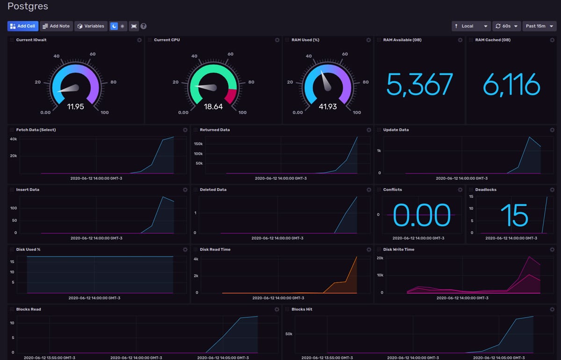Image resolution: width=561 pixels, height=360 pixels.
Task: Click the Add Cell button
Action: pos(23,26)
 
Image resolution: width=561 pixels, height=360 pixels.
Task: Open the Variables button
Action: pos(91,26)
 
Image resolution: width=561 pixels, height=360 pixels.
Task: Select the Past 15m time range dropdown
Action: pos(539,26)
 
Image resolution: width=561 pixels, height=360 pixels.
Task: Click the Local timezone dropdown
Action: pos(471,26)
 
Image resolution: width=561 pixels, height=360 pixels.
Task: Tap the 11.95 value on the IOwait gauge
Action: pos(75,107)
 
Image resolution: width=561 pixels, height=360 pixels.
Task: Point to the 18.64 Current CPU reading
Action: pos(213,107)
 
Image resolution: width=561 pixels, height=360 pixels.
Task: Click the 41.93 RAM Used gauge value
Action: pos(327,107)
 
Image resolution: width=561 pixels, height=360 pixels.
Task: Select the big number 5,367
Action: pos(419,85)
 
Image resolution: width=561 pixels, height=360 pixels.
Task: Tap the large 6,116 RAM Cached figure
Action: pos(511,85)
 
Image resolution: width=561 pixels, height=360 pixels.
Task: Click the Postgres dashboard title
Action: pos(28,7)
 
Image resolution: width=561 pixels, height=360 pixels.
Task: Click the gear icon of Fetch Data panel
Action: pos(185,130)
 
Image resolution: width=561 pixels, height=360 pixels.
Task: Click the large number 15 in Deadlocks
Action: pos(514,216)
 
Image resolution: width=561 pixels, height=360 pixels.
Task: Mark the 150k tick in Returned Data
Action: pos(198,144)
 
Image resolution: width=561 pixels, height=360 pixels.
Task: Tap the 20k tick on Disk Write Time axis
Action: pos(380,258)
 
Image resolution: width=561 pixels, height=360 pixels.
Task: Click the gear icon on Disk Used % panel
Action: pos(185,250)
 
